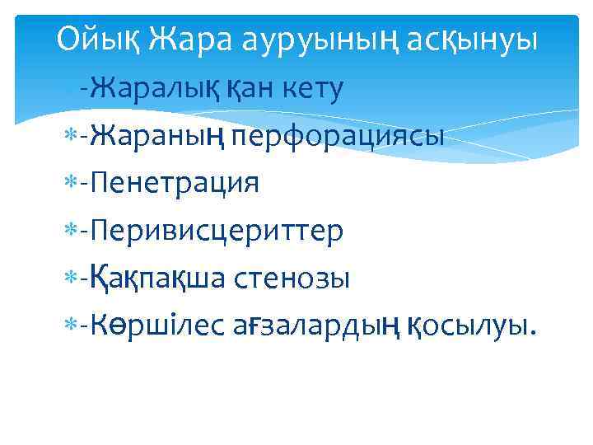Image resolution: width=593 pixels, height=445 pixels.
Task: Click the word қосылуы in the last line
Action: click(470, 327)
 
